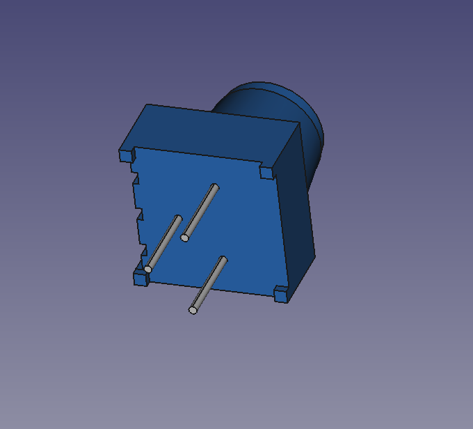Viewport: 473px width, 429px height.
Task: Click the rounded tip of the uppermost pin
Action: [x=184, y=237]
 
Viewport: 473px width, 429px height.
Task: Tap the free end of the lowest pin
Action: [x=193, y=310]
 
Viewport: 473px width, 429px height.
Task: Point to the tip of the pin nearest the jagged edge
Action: [x=147, y=269]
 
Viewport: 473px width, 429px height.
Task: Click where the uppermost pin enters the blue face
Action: [x=215, y=187]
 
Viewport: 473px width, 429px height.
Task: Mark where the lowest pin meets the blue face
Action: [x=223, y=260]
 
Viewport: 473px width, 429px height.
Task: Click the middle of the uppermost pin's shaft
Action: [x=200, y=212]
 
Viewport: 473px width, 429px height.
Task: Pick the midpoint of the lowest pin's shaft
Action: [x=208, y=285]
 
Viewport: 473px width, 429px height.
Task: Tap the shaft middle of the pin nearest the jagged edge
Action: [x=163, y=244]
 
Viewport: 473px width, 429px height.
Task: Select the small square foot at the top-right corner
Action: [x=267, y=171]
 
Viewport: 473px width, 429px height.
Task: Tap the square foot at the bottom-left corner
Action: [x=141, y=279]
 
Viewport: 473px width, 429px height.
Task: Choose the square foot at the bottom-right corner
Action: [x=280, y=295]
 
